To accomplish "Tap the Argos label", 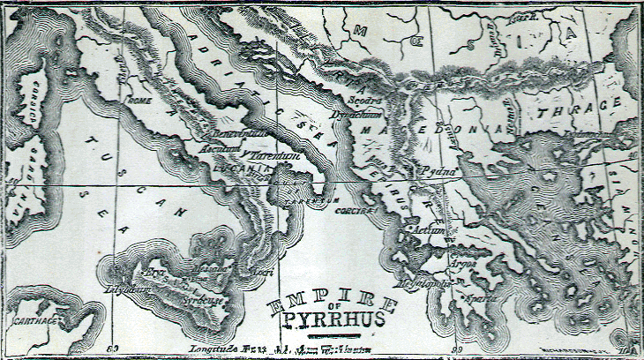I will click(x=462, y=263).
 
